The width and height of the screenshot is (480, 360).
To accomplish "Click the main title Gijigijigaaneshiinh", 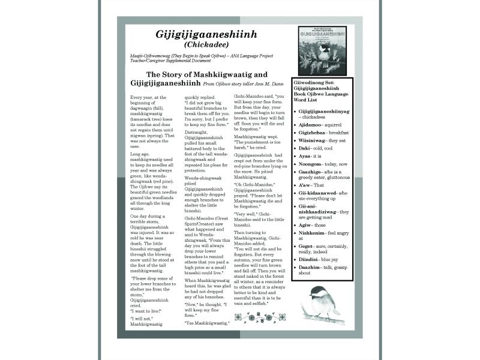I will coord(206,34).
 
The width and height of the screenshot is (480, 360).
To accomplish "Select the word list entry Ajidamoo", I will coord(313,124).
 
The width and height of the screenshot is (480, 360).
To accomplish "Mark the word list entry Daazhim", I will coord(310,269).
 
